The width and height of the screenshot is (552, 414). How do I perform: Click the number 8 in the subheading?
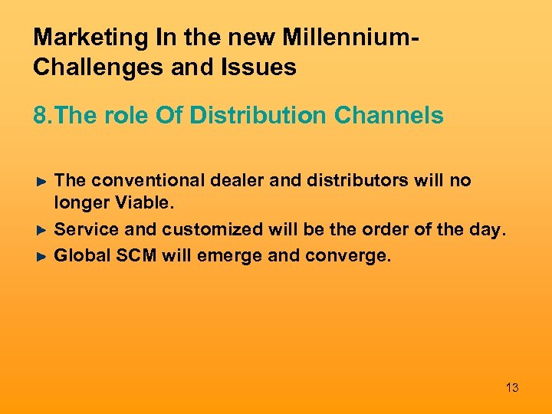39,116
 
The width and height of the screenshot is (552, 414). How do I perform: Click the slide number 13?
512,388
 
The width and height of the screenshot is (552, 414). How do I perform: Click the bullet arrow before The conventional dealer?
44,182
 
